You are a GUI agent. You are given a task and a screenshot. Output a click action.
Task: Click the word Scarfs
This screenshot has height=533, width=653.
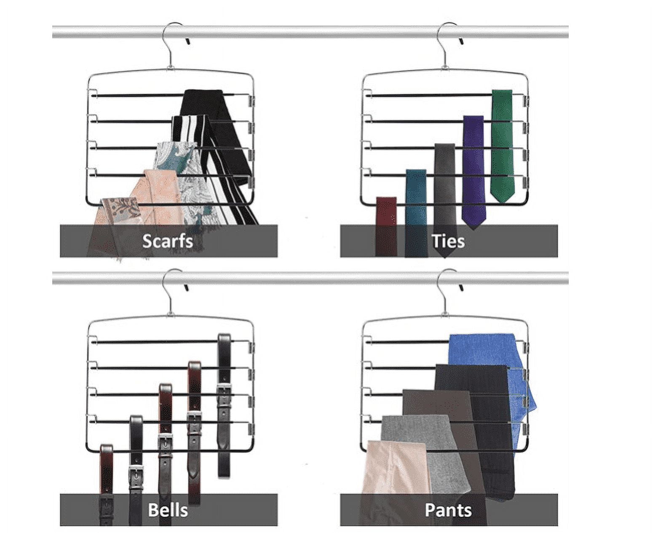(168, 241)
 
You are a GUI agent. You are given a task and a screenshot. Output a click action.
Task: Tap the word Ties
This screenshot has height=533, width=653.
(448, 241)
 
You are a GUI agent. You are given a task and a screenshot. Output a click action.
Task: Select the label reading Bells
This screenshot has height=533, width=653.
(168, 510)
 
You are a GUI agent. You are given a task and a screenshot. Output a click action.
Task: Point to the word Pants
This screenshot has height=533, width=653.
(448, 510)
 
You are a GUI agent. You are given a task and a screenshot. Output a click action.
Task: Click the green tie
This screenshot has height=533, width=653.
(502, 145)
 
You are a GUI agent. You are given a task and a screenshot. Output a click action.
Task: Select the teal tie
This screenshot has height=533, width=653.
(416, 213)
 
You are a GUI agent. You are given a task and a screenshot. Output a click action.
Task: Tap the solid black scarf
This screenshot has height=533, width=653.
(217, 130)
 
